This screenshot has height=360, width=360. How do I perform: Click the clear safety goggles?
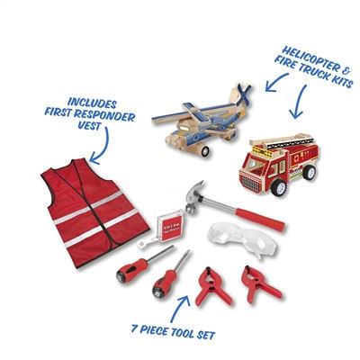click(x=243, y=238)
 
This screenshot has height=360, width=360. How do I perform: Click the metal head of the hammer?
click(x=195, y=196)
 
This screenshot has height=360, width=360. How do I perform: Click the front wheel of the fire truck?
click(x=278, y=188)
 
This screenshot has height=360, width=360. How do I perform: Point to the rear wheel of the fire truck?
click(x=309, y=172)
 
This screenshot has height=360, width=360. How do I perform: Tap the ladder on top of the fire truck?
click(x=282, y=142)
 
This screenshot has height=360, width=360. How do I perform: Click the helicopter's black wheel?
click(x=205, y=151)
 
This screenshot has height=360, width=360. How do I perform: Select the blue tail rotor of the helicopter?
click(x=244, y=94)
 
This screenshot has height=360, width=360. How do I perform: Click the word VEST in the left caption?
click(x=89, y=125)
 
